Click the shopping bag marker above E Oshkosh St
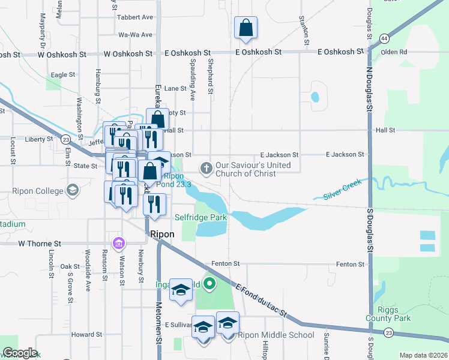(246, 28)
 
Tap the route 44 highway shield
(383, 38)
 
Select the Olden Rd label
(394, 52)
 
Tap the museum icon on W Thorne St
(119, 243)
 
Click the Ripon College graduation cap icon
(73, 191)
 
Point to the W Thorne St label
(40, 244)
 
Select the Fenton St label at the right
(350, 264)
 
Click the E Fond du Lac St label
(262, 301)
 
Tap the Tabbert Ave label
(135, 17)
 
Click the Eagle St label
(63, 75)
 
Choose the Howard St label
(86, 335)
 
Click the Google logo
(19, 353)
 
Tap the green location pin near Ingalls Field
(209, 283)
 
